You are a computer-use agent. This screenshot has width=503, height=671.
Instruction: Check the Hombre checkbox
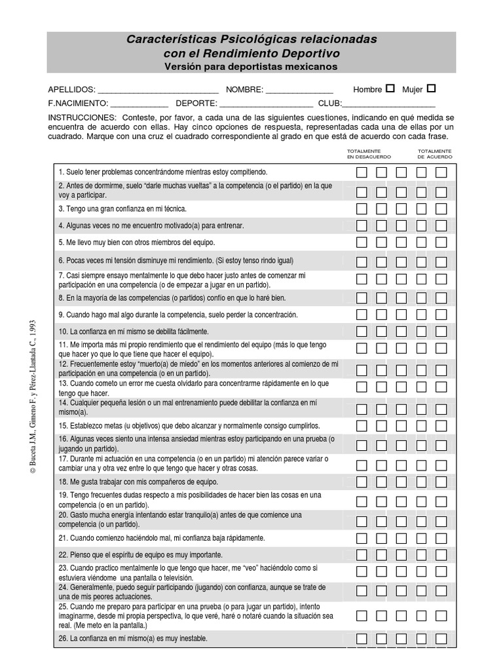[x=390, y=88]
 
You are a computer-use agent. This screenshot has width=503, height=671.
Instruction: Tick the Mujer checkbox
[x=431, y=88]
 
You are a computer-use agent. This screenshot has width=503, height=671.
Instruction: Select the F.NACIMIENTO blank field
[x=140, y=105]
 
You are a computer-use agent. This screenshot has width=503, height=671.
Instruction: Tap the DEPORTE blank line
[x=266, y=105]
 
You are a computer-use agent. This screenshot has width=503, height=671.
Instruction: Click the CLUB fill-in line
[x=389, y=105]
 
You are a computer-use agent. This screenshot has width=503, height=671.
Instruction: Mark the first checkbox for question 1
[x=362, y=173]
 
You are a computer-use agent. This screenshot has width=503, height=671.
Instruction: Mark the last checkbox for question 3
[x=441, y=209]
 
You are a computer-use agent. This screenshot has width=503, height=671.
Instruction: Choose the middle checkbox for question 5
[x=401, y=242]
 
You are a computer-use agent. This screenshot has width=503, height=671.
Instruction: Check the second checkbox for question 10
[x=382, y=332]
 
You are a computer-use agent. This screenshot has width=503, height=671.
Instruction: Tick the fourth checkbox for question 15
[x=421, y=426]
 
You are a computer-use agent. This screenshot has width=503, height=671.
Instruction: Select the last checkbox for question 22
[x=441, y=555]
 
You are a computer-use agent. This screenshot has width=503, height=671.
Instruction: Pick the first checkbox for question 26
[x=362, y=638]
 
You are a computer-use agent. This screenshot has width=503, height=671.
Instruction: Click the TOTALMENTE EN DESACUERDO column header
[x=369, y=154]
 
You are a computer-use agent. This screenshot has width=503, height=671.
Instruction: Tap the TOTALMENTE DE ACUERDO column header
[x=435, y=154]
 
